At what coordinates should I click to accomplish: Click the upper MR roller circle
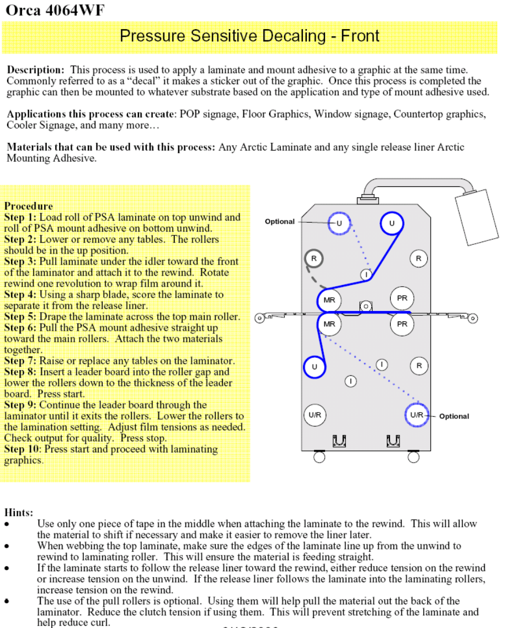point(329,300)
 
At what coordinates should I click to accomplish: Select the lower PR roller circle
point(402,324)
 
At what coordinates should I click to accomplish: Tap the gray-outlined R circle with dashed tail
point(314,258)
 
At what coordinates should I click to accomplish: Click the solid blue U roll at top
point(392,223)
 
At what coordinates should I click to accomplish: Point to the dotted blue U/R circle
point(417,415)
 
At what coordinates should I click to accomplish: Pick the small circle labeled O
point(365,305)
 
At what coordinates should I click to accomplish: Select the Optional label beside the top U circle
point(280,222)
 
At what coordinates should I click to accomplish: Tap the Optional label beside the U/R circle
point(454,416)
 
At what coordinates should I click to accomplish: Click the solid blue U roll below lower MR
point(315,367)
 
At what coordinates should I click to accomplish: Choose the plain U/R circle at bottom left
point(315,415)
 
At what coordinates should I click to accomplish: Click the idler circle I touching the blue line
point(366,274)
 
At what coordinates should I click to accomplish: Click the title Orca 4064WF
point(55,10)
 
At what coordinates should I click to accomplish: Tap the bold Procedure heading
point(29,206)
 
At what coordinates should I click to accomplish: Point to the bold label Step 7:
point(20,361)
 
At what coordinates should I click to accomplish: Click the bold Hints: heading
point(19,512)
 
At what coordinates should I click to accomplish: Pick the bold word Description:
point(36,70)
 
